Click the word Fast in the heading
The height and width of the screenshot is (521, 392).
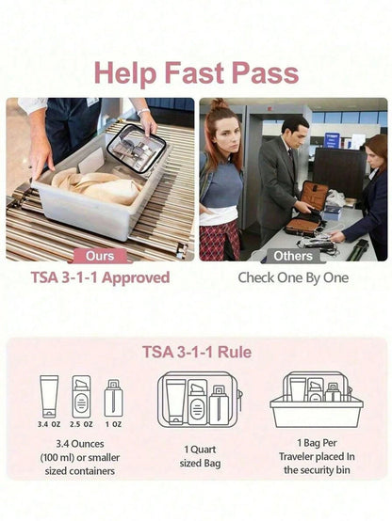(194, 72)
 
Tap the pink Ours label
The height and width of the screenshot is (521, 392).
(100, 256)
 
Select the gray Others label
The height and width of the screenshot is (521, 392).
(293, 256)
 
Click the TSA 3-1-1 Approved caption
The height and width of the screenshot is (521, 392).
(100, 277)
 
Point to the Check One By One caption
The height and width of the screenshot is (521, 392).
(293, 277)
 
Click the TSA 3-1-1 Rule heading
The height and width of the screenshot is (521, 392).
(197, 353)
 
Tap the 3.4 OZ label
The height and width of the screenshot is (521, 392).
(49, 424)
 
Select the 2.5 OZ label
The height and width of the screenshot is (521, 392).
(81, 424)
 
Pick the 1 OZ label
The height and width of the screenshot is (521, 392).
(114, 424)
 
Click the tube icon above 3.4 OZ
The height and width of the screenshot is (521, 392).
(49, 397)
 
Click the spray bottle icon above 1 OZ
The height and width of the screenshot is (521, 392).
(114, 398)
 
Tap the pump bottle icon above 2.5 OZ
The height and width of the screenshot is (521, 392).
(81, 397)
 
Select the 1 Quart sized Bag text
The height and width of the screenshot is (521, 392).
(200, 456)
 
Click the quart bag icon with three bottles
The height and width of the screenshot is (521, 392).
(200, 400)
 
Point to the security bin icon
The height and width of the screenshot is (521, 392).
(317, 400)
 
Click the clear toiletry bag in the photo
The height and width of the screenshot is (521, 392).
(137, 149)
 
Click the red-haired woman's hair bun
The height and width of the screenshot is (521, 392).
(220, 104)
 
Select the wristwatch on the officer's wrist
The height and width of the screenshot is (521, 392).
(143, 111)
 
